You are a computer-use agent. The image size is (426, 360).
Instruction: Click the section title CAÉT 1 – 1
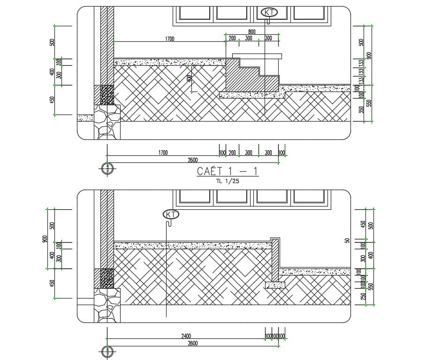(227, 171)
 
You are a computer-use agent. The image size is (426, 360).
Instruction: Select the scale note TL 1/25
(228, 181)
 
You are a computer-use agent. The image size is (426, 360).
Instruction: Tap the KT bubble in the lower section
(171, 214)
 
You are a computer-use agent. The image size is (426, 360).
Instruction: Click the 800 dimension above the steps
(251, 32)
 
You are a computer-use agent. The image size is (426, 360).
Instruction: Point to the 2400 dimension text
(186, 336)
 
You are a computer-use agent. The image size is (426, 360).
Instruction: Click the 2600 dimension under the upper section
(192, 160)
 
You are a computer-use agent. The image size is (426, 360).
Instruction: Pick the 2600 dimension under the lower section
(192, 343)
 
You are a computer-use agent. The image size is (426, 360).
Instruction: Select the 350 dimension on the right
(361, 110)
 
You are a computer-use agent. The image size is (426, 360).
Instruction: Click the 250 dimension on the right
(363, 296)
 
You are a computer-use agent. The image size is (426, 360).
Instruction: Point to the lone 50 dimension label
(348, 241)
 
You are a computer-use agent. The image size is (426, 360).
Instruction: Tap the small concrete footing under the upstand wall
(274, 284)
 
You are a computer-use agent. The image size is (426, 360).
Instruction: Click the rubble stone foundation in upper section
(107, 122)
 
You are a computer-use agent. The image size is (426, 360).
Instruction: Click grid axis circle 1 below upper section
(107, 168)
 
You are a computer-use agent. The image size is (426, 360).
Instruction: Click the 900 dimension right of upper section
(369, 55)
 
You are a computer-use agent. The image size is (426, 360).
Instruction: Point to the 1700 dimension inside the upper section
(169, 39)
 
